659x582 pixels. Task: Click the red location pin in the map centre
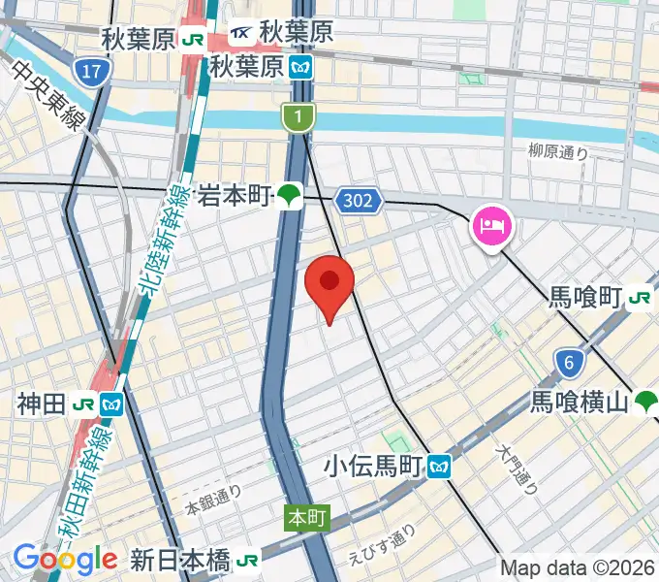(x=329, y=283)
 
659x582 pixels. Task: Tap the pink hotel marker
(x=493, y=228)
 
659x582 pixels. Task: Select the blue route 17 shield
(x=93, y=71)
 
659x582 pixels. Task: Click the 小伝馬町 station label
(x=375, y=467)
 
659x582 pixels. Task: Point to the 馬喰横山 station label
(x=580, y=401)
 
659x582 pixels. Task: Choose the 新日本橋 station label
(x=180, y=561)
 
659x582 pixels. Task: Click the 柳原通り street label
(x=558, y=151)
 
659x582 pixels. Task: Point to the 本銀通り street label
(x=213, y=501)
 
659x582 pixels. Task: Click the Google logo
(x=65, y=560)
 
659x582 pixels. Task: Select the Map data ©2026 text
(x=578, y=568)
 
